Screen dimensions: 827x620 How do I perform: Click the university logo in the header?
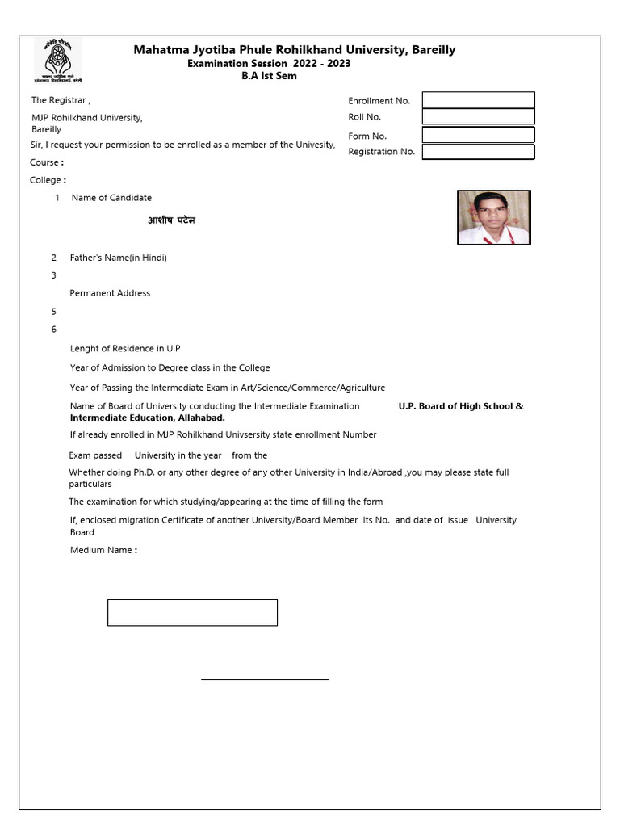click(57, 60)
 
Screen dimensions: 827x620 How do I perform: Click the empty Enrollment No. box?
click(478, 100)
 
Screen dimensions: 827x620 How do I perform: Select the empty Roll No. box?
click(478, 116)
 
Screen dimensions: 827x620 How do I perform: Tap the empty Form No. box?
click(478, 135)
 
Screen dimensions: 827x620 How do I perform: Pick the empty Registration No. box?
click(478, 152)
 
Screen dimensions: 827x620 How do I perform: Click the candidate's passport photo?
click(493, 217)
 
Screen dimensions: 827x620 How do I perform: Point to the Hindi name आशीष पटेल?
click(171, 220)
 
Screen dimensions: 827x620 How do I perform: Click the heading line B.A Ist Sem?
click(269, 76)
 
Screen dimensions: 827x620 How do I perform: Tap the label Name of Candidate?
click(111, 198)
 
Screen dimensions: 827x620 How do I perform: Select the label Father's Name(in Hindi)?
click(118, 258)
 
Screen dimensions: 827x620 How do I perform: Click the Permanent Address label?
click(110, 293)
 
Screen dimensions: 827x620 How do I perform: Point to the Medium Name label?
click(103, 551)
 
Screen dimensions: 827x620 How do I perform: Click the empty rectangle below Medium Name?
click(192, 612)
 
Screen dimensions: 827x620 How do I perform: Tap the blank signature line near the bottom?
click(265, 679)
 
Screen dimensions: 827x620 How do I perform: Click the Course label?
click(46, 162)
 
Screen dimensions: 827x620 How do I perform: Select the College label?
click(48, 180)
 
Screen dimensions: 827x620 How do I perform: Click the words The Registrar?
click(61, 101)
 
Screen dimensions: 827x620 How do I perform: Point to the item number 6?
click(54, 330)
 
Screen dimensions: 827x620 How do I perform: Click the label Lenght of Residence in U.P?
click(125, 349)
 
